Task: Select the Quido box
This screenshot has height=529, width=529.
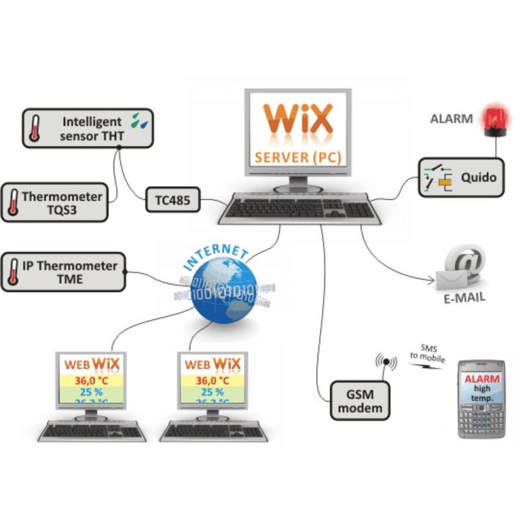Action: tap(461, 177)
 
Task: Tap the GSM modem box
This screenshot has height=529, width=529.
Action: tap(360, 400)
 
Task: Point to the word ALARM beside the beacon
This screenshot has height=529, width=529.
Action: tap(451, 119)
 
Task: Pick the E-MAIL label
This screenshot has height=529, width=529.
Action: tap(464, 297)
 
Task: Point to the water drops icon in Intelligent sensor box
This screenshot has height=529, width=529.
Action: tap(140, 120)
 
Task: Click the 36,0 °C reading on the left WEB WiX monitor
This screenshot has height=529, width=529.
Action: tap(91, 380)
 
